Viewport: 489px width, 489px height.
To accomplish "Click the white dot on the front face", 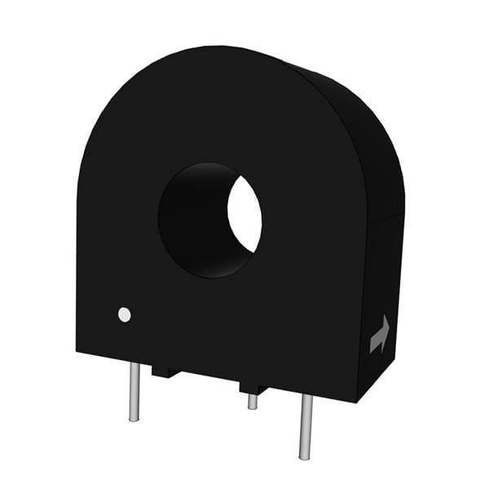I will [x=124, y=314].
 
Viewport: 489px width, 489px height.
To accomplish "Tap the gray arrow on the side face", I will [x=380, y=334].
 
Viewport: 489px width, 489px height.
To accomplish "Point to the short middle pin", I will [x=253, y=401].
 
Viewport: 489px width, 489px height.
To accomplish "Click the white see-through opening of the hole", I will [x=244, y=214].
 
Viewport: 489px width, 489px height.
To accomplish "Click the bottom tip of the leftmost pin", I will [x=134, y=419].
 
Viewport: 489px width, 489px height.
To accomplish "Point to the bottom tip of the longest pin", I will [x=306, y=457].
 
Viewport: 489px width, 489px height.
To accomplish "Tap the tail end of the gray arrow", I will [x=372, y=350].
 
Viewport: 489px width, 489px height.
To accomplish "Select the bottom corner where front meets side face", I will [x=356, y=401].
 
